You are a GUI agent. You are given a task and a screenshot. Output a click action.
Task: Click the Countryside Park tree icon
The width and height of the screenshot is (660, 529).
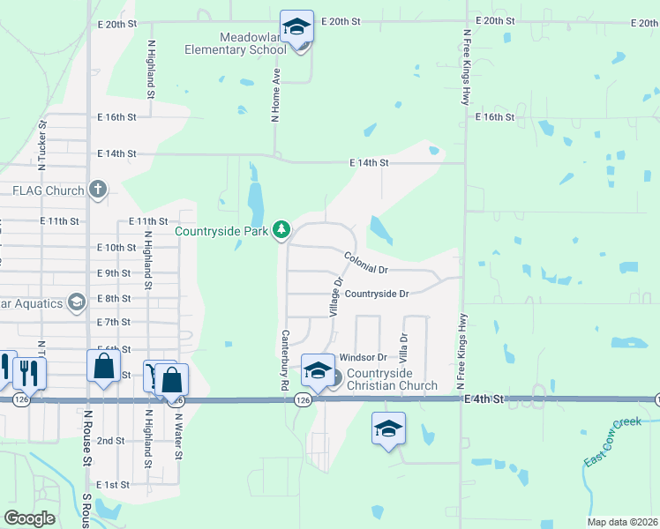point(281,231)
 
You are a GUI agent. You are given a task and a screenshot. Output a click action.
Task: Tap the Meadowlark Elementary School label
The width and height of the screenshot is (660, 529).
point(235,43)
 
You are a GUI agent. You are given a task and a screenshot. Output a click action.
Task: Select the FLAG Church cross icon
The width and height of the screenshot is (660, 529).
point(98,190)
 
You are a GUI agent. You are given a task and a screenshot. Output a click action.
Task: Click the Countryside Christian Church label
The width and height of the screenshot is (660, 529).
point(392,379)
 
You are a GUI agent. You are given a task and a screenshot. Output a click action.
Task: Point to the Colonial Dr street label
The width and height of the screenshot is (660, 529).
point(366,263)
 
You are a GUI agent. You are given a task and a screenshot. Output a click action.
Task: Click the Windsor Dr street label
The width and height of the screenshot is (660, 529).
point(364,357)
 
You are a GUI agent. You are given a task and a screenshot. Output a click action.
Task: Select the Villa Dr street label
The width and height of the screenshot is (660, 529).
point(404,349)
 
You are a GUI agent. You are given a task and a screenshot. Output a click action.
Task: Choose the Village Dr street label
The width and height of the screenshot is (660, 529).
point(335,297)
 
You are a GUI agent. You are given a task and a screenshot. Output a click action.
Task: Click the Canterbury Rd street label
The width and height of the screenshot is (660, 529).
point(285,360)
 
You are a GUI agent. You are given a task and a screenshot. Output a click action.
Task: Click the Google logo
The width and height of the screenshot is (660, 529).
point(30,518)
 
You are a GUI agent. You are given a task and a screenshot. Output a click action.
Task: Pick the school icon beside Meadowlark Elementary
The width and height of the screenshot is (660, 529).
point(297,27)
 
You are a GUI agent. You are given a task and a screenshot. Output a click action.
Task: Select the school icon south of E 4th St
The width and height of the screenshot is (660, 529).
point(388,429)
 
